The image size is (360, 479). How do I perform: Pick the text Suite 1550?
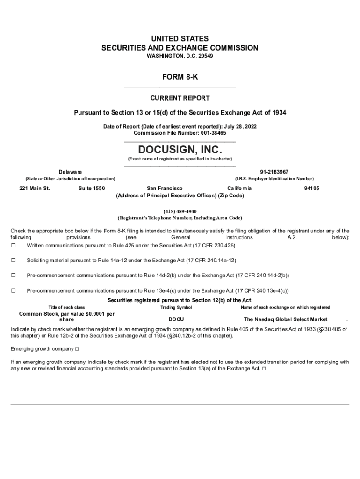point(92,188)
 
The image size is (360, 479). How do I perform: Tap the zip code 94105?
point(311,188)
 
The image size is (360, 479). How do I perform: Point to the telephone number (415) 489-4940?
point(180,211)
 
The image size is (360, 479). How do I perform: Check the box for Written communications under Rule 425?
point(13,246)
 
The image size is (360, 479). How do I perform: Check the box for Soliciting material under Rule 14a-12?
point(13,260)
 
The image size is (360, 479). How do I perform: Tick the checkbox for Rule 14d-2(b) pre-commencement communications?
point(13,276)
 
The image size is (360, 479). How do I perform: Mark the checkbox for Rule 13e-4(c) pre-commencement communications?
point(13,290)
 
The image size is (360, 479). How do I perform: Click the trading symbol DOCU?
point(176,319)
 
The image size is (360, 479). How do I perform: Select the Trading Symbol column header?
point(176,307)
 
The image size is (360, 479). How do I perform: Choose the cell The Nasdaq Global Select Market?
point(289,319)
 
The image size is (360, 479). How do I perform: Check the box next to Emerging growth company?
point(77,349)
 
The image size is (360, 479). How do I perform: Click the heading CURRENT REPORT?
point(180,98)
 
